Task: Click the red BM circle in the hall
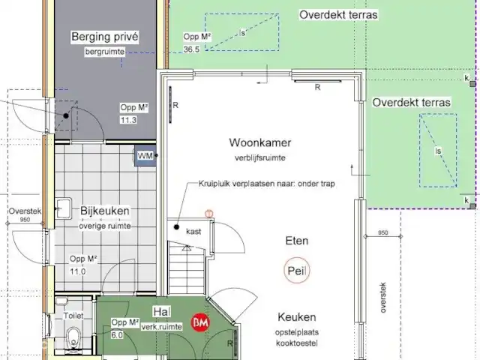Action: (200, 322)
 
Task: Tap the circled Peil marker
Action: (297, 271)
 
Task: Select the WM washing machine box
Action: (145, 156)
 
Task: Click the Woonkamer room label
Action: (260, 142)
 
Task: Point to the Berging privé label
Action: (105, 37)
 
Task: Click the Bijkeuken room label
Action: (105, 211)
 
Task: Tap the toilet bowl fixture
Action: (73, 337)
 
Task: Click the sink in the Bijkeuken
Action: (64, 208)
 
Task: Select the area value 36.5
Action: (191, 49)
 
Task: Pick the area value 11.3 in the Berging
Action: (128, 120)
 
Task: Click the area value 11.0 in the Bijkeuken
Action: (78, 271)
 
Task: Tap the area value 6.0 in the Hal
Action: (117, 335)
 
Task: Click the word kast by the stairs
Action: (193, 232)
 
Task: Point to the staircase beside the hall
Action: (187, 268)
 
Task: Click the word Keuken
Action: (297, 317)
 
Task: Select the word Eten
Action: (297, 241)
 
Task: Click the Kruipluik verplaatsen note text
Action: (267, 184)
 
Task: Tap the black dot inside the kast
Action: (176, 226)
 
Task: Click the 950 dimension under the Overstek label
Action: (25, 220)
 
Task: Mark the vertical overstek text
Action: (383, 298)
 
